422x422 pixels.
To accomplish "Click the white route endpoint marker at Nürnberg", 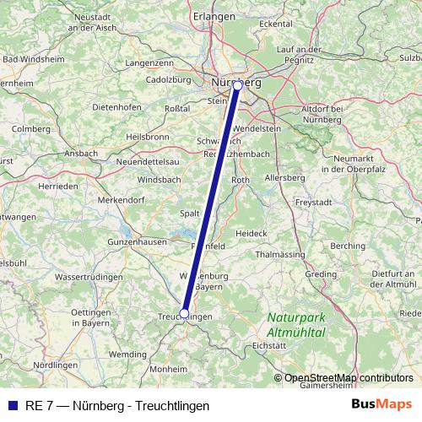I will point(237,85).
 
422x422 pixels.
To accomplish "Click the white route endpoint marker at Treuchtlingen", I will point(184,313).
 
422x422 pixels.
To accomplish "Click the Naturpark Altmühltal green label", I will point(296,325).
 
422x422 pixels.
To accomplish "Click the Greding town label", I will point(321,274).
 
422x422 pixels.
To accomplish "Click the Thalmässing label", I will point(279,253).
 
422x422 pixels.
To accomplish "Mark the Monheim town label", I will point(168,369).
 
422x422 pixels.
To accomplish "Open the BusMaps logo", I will point(382,405).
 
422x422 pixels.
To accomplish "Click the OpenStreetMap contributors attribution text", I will point(348,378).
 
